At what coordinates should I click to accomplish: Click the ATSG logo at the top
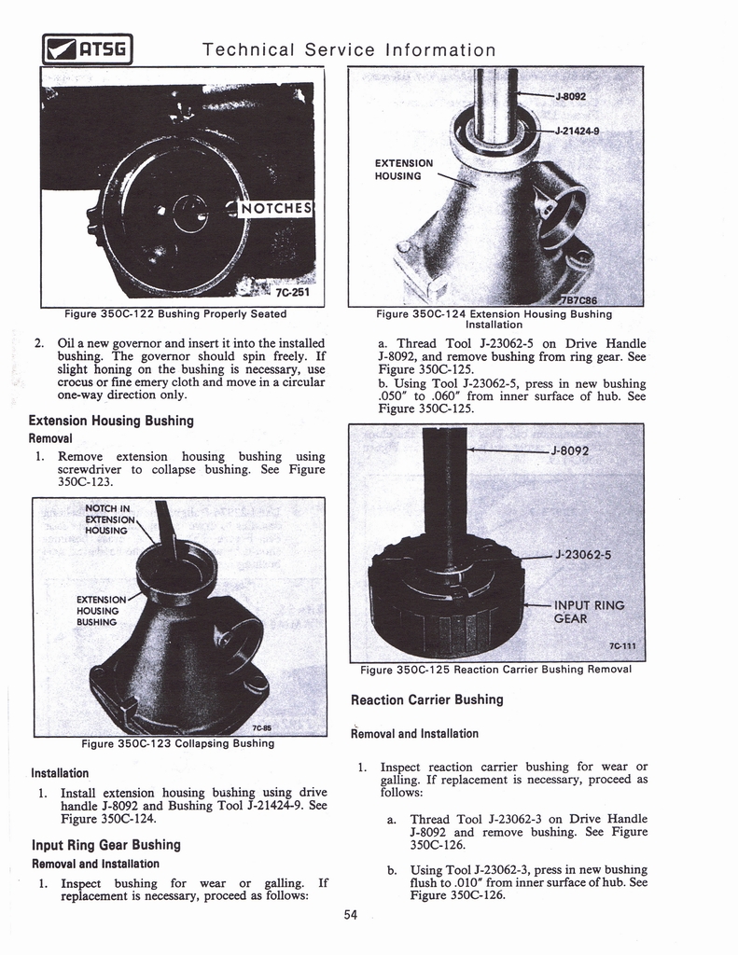85,48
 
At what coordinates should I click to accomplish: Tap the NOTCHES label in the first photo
278,209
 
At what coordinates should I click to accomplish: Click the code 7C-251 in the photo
292,291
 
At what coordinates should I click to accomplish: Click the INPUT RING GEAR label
589,612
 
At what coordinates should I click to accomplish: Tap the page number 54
350,914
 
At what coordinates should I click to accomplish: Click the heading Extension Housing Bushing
111,421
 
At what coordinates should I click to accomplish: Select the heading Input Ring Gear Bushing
105,845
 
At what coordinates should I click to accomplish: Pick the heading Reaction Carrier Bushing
426,699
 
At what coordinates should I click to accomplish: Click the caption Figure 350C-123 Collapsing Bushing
177,743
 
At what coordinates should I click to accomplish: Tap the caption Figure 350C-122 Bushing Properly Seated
175,313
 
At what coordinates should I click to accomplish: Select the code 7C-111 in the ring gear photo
622,644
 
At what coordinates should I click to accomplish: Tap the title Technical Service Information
349,49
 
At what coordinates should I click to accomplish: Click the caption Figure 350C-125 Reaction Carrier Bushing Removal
495,669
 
